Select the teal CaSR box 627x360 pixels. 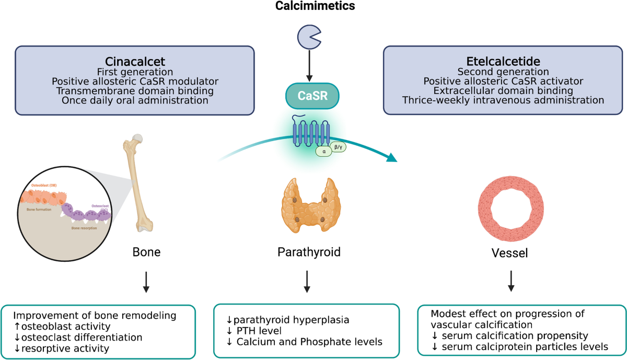(312, 96)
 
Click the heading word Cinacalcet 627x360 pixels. (134, 60)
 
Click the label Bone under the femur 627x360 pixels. (146, 253)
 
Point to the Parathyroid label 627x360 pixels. (309, 253)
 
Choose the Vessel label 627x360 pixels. (511, 253)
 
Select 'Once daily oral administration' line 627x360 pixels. (134, 100)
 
